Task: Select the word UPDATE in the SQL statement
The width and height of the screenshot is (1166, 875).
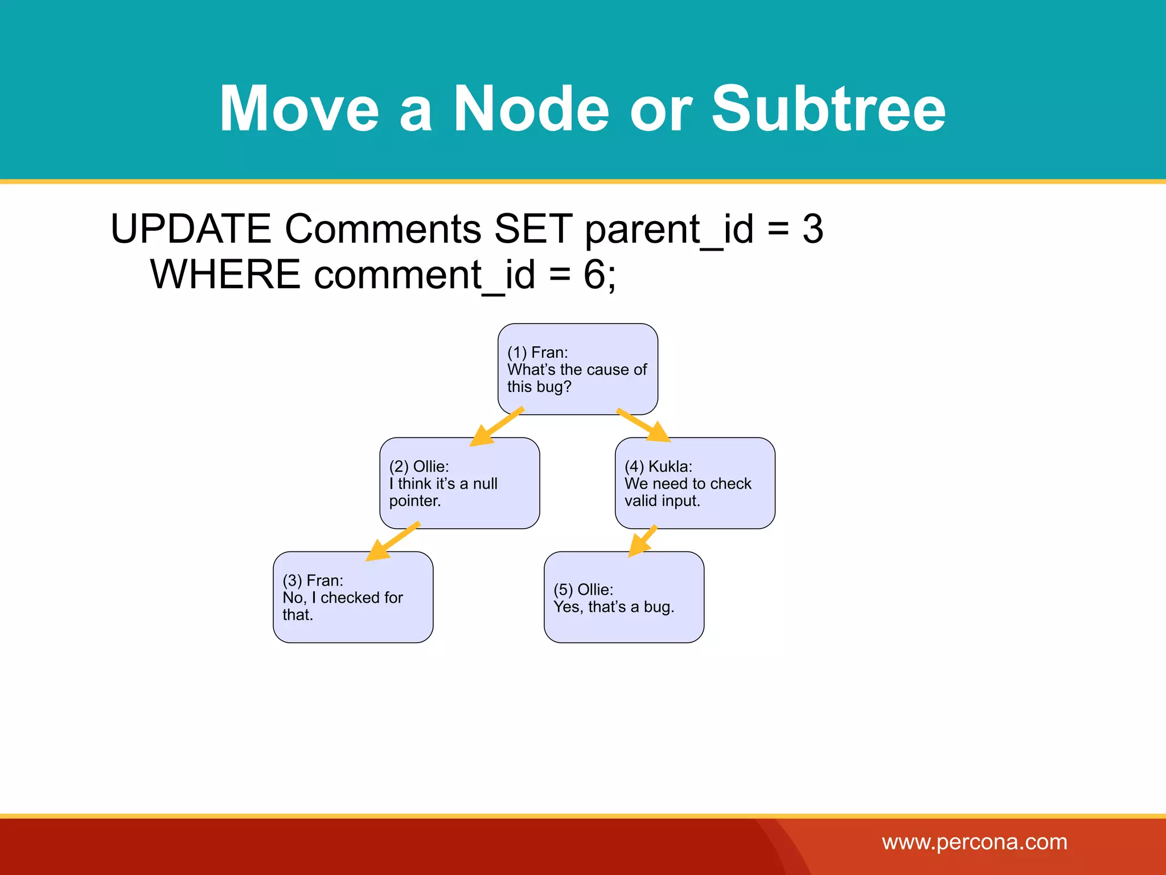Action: [191, 229]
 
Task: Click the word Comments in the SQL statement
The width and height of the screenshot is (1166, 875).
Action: [383, 229]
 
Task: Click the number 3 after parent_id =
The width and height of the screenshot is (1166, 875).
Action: [812, 229]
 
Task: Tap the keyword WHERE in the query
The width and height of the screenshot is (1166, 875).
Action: [225, 275]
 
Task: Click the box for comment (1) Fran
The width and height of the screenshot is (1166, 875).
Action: [577, 369]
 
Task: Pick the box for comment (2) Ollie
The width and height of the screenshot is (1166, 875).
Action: [459, 483]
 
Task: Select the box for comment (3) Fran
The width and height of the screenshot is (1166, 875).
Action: [353, 597]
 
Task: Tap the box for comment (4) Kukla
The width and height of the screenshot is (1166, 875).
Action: [695, 483]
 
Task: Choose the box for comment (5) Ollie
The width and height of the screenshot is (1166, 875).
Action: [623, 597]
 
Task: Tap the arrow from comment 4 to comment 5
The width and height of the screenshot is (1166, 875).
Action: [642, 541]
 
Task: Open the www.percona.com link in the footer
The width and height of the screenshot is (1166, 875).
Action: [974, 842]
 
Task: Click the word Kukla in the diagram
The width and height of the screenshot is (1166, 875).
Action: [670, 467]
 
